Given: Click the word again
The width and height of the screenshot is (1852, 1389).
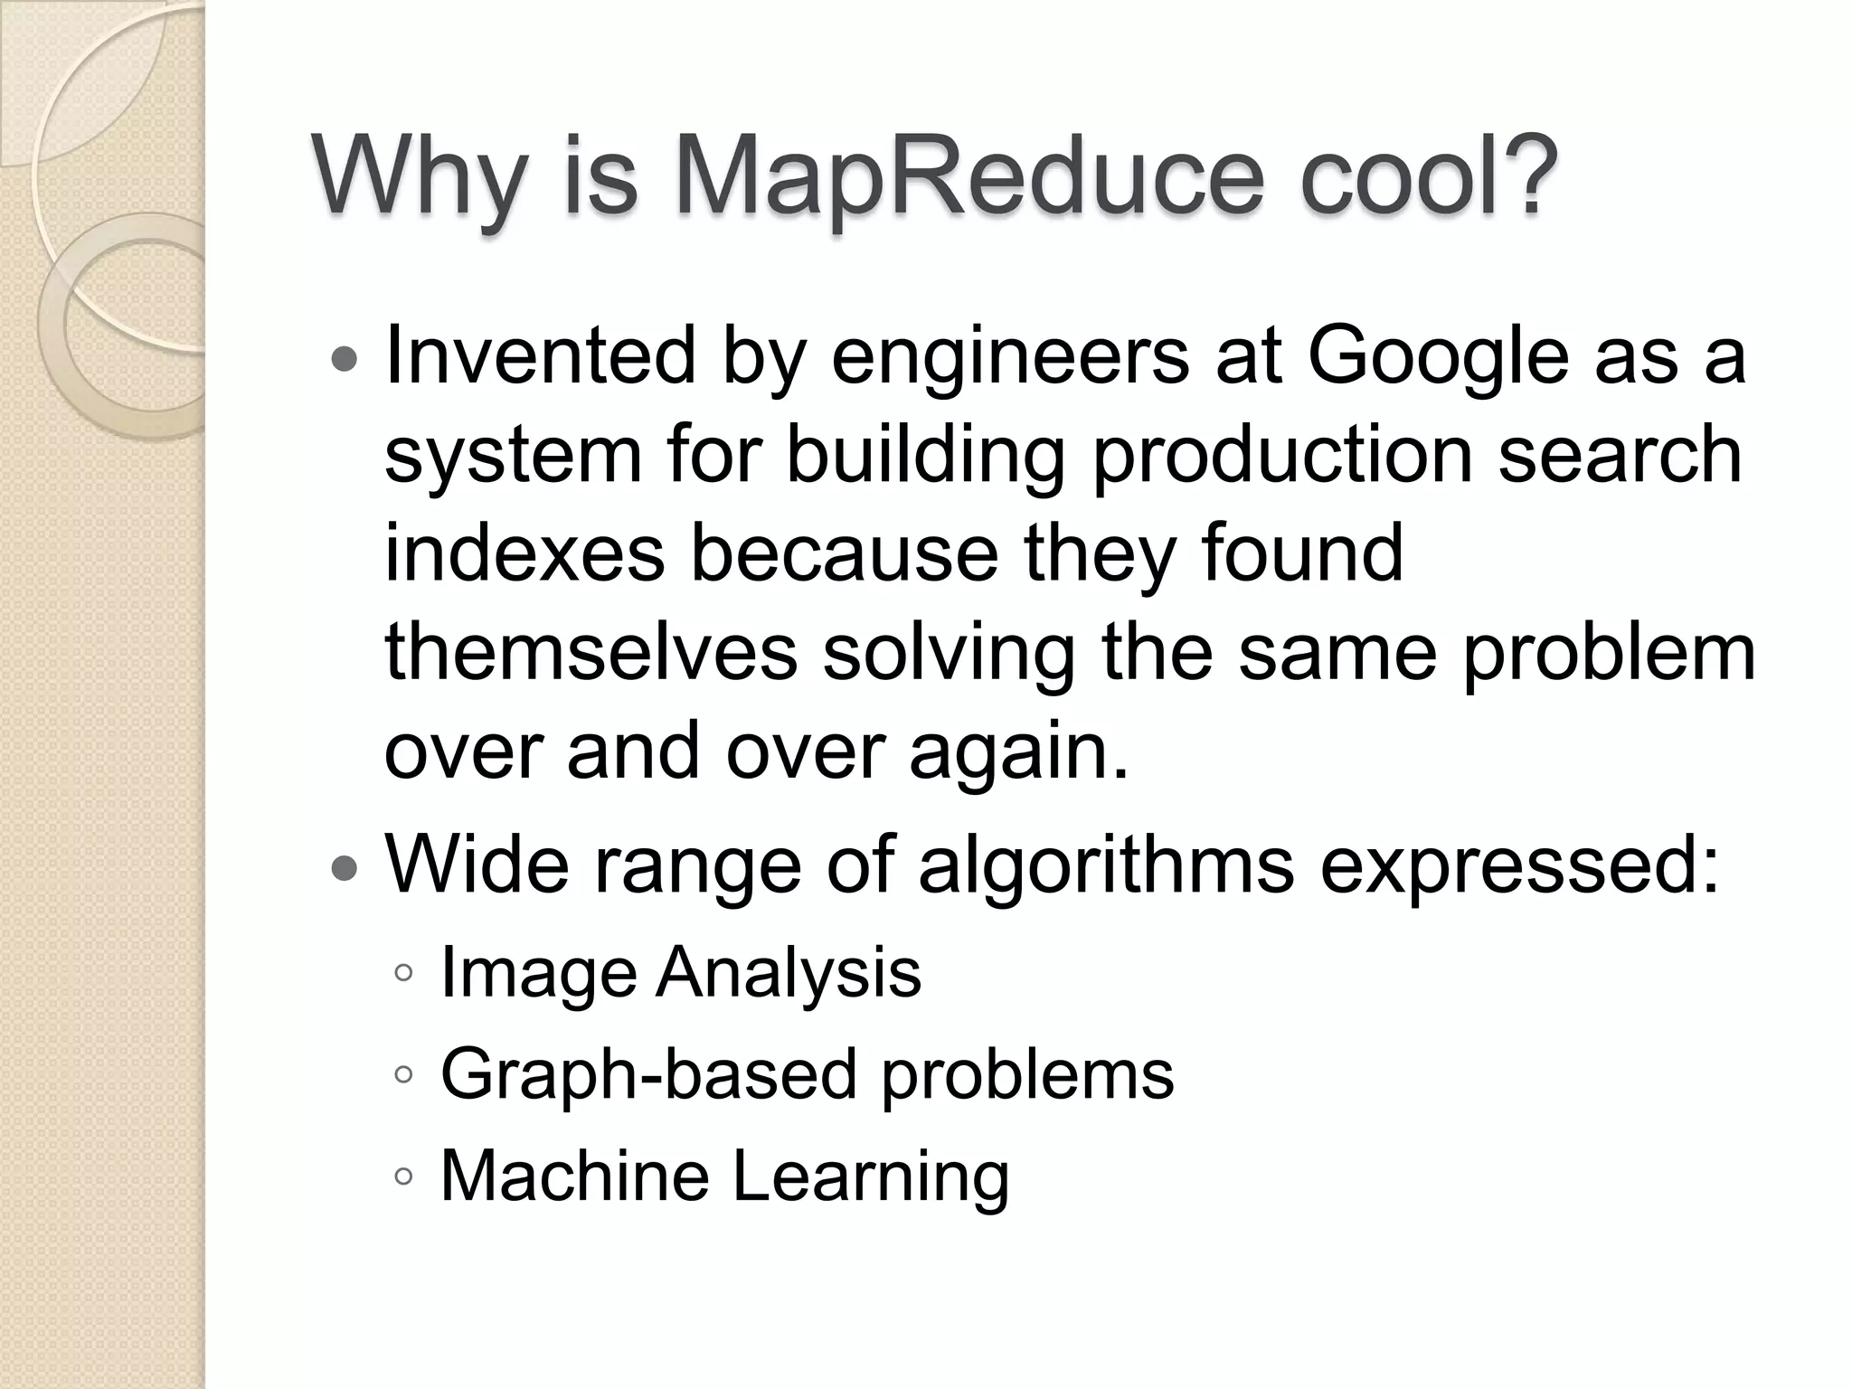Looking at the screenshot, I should click(x=1018, y=753).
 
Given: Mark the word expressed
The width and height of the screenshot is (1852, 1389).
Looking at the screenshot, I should click(x=1519, y=865).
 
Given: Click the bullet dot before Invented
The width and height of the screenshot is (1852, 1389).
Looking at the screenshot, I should click(x=345, y=361).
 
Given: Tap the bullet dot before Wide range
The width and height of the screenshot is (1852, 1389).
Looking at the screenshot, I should click(x=345, y=869).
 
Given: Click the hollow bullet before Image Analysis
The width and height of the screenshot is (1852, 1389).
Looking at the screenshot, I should click(x=403, y=974).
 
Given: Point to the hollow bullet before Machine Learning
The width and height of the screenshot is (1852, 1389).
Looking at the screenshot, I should click(x=403, y=1176).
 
